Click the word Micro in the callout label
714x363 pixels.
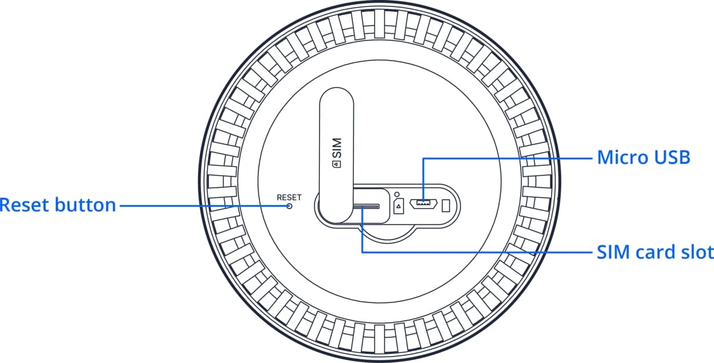621,158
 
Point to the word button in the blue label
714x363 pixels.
84,206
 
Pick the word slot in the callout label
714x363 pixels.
697,252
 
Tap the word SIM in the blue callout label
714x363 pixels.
612,252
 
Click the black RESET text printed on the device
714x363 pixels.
289,197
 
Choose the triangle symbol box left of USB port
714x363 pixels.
399,206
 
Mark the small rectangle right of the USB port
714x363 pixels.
446,205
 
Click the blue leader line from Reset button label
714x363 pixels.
202,206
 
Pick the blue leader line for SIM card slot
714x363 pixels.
476,252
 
